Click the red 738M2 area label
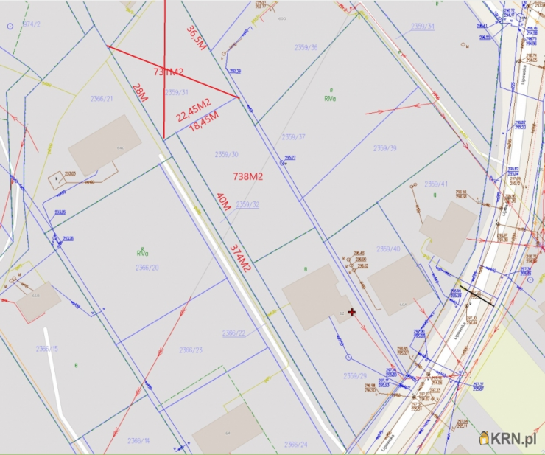248,177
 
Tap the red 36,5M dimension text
196,39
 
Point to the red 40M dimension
223,202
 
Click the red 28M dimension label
139,93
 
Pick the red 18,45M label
204,122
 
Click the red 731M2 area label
168,72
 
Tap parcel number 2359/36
306,48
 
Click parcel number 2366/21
102,99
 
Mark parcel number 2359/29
355,376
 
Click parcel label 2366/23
190,350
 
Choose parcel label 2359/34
423,27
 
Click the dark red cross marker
352,312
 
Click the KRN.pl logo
507,438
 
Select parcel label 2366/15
47,349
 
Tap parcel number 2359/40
388,249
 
